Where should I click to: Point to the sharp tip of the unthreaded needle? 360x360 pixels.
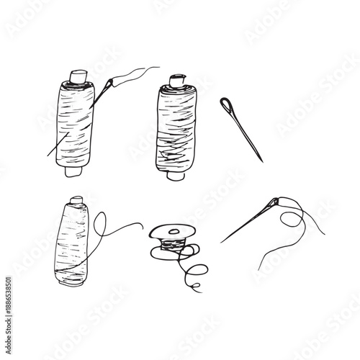(262, 161)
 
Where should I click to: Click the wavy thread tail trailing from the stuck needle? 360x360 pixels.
(137, 72)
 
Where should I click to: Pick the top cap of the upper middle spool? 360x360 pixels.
(176, 81)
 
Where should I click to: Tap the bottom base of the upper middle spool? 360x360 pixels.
(174, 174)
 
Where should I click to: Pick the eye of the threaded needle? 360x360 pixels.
(274, 204)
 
